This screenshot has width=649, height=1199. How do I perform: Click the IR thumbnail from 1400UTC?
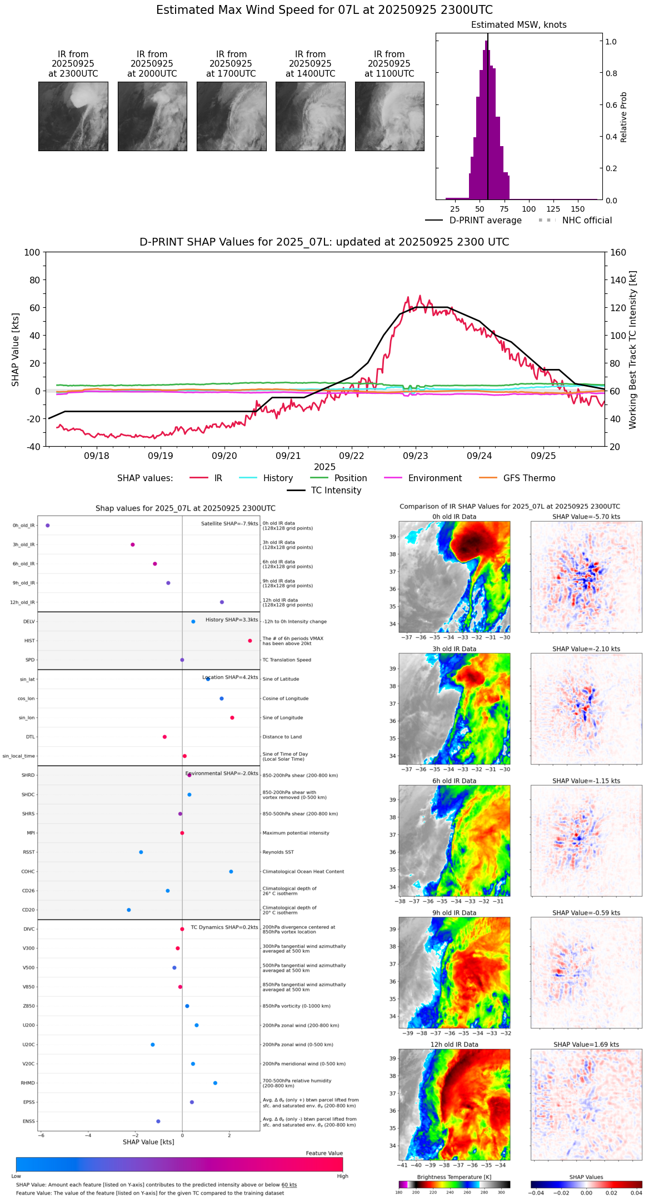pyautogui.click(x=310, y=116)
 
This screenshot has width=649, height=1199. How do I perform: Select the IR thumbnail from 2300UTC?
pyautogui.click(x=73, y=116)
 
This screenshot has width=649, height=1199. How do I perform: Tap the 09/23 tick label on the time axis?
pyautogui.click(x=416, y=456)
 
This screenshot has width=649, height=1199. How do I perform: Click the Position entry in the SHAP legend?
pyautogui.click(x=350, y=478)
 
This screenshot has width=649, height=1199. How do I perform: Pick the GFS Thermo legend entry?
pyautogui.click(x=529, y=478)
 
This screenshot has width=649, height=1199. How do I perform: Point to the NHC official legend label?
pyautogui.click(x=587, y=221)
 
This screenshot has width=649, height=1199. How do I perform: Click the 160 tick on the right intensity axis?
pyautogui.click(x=618, y=253)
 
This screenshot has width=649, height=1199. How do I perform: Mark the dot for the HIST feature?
pyautogui.click(x=250, y=641)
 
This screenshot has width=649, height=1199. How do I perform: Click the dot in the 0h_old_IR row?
pyautogui.click(x=48, y=525)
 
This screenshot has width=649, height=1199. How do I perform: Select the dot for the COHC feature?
pyautogui.click(x=231, y=871)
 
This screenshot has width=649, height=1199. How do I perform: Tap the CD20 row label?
pyautogui.click(x=28, y=910)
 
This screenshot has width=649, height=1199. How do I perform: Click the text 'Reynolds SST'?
pyautogui.click(x=278, y=852)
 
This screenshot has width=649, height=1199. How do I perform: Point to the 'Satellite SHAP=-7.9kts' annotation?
pyautogui.click(x=229, y=523)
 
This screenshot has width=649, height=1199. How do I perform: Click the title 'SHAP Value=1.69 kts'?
pyautogui.click(x=586, y=1045)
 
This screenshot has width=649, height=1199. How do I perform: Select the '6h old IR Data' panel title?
pyautogui.click(x=454, y=781)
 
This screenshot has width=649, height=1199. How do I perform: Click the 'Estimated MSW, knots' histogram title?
pyautogui.click(x=518, y=25)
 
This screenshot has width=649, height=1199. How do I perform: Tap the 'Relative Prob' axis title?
pyautogui.click(x=624, y=117)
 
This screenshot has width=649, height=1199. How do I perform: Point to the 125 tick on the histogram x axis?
pyautogui.click(x=553, y=209)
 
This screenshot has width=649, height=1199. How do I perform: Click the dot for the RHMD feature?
pyautogui.click(x=215, y=1083)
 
